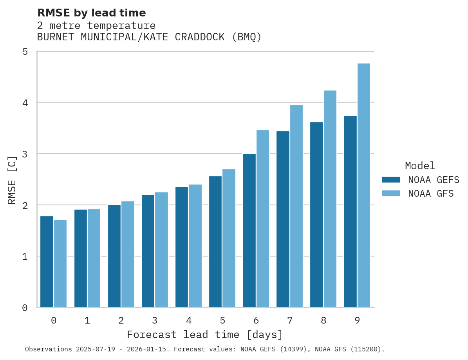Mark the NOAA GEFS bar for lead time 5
point(215,242)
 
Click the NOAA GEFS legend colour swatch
point(391,180)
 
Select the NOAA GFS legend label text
point(431,194)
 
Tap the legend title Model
point(420,166)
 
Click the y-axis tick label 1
point(25,257)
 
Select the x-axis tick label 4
point(189,320)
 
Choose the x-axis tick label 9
point(357,320)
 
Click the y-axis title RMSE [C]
point(12,180)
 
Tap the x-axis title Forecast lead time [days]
point(205,335)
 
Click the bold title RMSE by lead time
point(91,13)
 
